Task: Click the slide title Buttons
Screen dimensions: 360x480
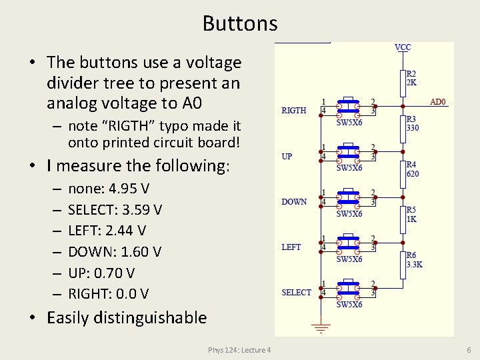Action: pyautogui.click(x=240, y=23)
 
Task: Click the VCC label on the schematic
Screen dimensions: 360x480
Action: pyautogui.click(x=403, y=47)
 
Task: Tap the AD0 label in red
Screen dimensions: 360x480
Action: pyautogui.click(x=438, y=102)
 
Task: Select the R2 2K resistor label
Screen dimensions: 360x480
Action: pyautogui.click(x=412, y=79)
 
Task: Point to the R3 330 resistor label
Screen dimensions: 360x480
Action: pyautogui.click(x=413, y=124)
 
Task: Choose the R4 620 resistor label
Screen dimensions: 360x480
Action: pyautogui.click(x=413, y=169)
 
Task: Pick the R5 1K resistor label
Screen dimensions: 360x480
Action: pyautogui.click(x=412, y=214)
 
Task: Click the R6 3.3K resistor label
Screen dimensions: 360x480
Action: pyautogui.click(x=414, y=260)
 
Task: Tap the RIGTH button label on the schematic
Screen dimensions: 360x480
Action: pyautogui.click(x=294, y=111)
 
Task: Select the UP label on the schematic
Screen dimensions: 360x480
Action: pyautogui.click(x=287, y=156)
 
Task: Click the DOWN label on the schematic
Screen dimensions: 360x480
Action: pyautogui.click(x=294, y=201)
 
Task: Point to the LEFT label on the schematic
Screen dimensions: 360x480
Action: pyautogui.click(x=291, y=247)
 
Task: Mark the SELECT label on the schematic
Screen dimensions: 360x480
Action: pyautogui.click(x=296, y=292)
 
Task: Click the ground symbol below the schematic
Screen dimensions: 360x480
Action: pyautogui.click(x=323, y=328)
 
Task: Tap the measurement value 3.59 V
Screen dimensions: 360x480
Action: pyautogui.click(x=142, y=210)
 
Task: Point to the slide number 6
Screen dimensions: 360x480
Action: pyautogui.click(x=469, y=350)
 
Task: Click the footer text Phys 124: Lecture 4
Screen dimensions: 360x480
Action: pyautogui.click(x=239, y=350)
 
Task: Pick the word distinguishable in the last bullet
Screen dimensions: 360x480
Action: pyautogui.click(x=153, y=317)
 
